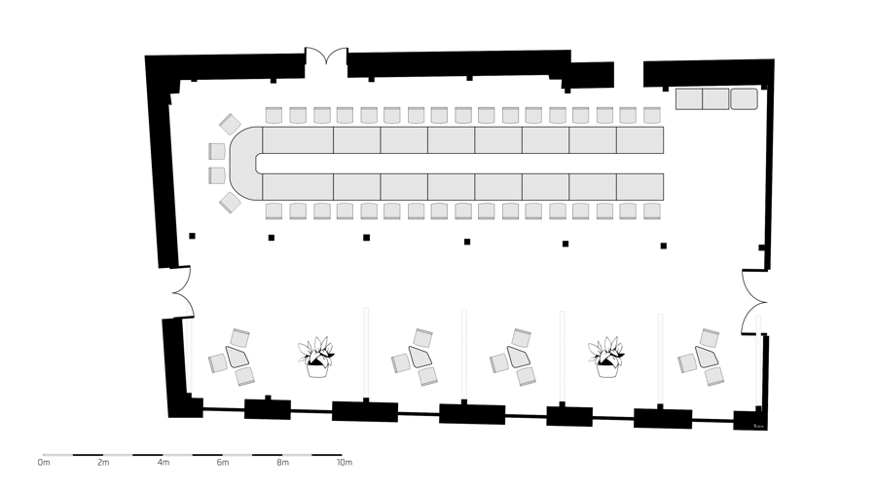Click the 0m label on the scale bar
coord(44,462)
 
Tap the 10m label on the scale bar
coord(345,462)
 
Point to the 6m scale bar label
coord(222,462)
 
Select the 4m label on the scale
coord(163,462)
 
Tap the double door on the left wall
coord(182,292)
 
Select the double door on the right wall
coord(754,302)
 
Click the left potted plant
coord(316,358)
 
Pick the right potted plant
coord(606,358)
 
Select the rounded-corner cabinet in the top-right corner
coord(745,99)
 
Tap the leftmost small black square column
coord(192,236)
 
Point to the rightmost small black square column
coord(664,246)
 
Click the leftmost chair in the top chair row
coord(274,115)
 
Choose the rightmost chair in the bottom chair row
coord(652,211)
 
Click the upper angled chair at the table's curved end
coord(230,124)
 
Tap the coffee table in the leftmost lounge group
coord(237,357)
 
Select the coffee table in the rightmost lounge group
coord(707,357)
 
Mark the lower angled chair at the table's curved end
coord(230,203)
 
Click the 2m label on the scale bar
coord(103,462)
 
